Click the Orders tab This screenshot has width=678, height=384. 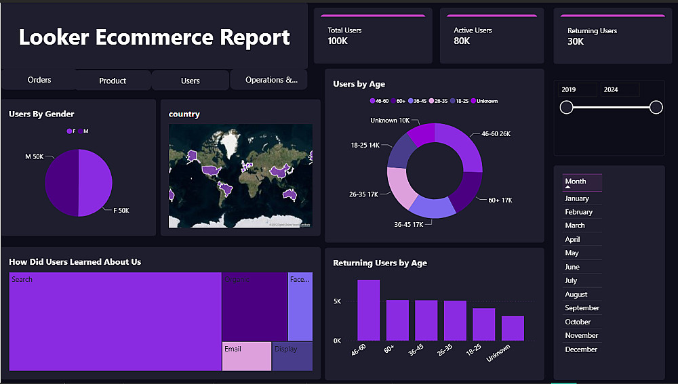[x=39, y=80]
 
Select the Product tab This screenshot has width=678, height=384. [x=113, y=81]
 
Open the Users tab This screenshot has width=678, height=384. [x=191, y=81]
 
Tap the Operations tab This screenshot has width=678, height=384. [x=271, y=80]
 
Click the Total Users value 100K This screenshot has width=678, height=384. [x=338, y=41]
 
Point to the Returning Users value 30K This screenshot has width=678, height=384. [x=576, y=41]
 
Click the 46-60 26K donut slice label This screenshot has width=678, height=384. [x=496, y=134]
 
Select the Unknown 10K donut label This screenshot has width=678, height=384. [x=390, y=121]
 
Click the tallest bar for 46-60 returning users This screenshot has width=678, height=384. [x=368, y=310]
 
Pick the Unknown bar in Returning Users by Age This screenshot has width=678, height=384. [x=513, y=328]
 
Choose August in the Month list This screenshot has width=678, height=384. [x=576, y=295]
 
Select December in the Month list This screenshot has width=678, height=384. [x=581, y=349]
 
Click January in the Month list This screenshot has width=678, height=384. [x=577, y=198]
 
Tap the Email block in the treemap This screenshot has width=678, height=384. [x=246, y=357]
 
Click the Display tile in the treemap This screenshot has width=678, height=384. [x=292, y=357]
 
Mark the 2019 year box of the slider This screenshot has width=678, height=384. [x=576, y=90]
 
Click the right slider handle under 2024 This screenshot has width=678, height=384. [x=656, y=107]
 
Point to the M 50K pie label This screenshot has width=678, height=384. [x=35, y=156]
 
